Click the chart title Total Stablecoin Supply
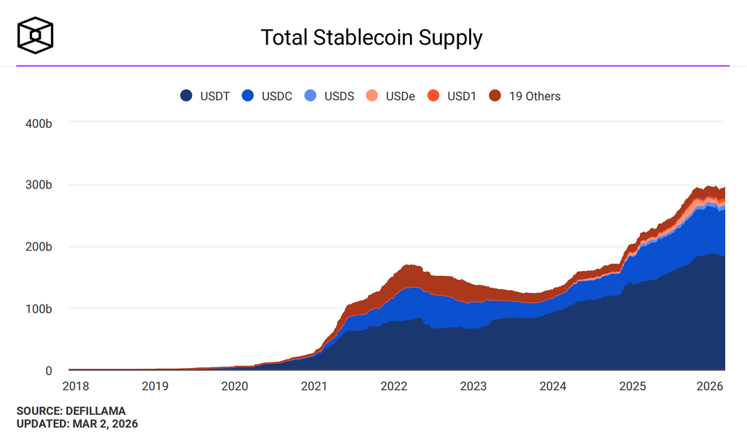[x=371, y=37]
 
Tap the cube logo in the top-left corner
[x=36, y=36]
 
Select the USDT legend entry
[x=205, y=96]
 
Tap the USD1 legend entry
[x=452, y=96]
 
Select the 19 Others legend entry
[x=525, y=96]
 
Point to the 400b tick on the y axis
[x=38, y=123]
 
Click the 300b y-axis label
[x=38, y=185]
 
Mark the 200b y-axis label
[x=38, y=247]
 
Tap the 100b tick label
[x=38, y=309]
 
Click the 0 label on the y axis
[x=48, y=371]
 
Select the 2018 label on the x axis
[x=76, y=386]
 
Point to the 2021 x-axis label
[x=314, y=386]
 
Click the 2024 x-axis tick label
[x=552, y=386]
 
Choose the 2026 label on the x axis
[x=711, y=386]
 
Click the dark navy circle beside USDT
[x=187, y=96]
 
